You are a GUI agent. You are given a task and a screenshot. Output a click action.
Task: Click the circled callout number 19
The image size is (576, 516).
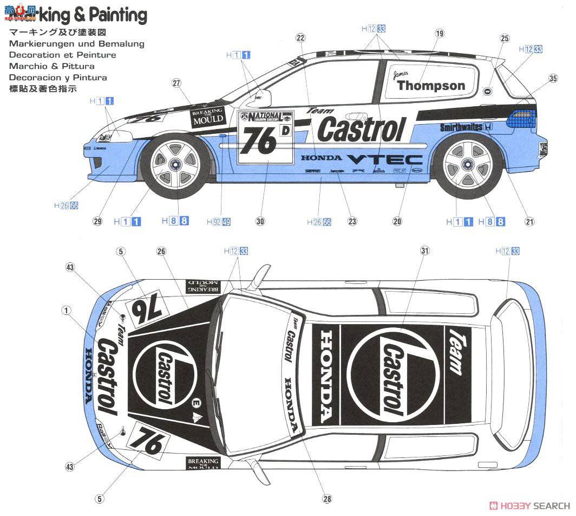pyautogui.click(x=439, y=34)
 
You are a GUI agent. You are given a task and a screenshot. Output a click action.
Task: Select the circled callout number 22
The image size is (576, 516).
pyautogui.click(x=300, y=37)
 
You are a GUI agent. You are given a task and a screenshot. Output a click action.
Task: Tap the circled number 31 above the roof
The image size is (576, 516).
pyautogui.click(x=424, y=250)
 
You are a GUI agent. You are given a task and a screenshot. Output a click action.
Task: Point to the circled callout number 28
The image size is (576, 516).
pyautogui.click(x=326, y=499)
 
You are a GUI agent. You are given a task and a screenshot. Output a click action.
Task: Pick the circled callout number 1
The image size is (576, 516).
pyautogui.click(x=66, y=311)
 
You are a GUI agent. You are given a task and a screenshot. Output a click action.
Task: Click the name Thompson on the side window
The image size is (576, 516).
pyautogui.click(x=431, y=86)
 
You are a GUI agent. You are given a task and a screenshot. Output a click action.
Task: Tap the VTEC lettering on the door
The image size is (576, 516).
pyautogui.click(x=384, y=159)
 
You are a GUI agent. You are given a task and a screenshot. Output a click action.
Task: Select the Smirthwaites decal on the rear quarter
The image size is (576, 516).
pyautogui.click(x=461, y=127)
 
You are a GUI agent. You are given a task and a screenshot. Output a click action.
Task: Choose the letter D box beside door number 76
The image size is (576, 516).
pyautogui.click(x=284, y=130)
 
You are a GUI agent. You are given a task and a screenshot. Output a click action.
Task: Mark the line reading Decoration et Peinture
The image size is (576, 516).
pyautogui.click(x=62, y=55)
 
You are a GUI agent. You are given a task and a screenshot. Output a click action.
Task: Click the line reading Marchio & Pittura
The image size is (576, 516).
pyautogui.click(x=51, y=66)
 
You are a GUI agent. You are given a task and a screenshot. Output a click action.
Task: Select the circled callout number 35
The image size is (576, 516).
pyautogui.click(x=553, y=79)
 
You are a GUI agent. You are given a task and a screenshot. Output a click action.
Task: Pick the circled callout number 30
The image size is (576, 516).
pyautogui.click(x=260, y=221)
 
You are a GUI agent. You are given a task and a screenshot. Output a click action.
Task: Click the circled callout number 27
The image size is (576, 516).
pyautogui.click(x=176, y=83)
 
